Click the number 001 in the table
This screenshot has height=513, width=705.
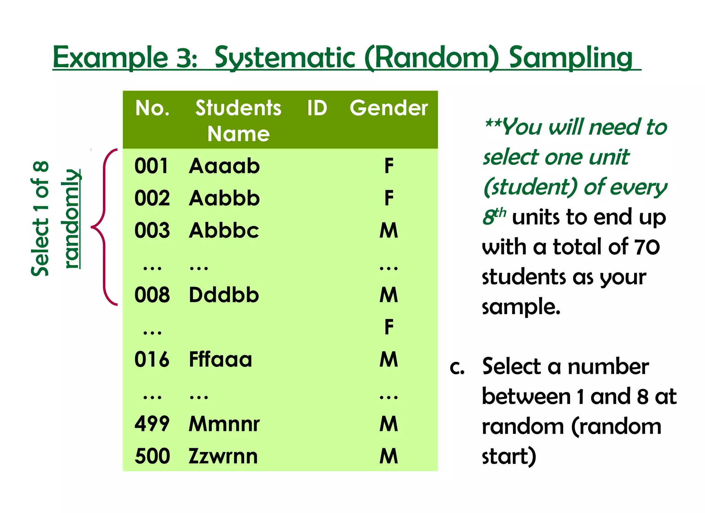point(151,166)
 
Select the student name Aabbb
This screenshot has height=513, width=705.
point(224,198)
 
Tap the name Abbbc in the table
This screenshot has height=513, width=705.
point(224,230)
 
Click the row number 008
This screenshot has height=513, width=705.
point(152,295)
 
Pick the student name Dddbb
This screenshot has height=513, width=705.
point(224,295)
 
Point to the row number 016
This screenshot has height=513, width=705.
point(152,360)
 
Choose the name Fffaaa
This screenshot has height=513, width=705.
point(220,360)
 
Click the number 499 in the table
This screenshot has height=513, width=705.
point(152,424)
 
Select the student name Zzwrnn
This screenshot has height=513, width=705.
point(223,456)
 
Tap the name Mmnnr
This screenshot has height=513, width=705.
point(224,424)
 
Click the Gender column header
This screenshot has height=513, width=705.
point(389,108)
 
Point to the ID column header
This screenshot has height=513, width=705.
point(317,108)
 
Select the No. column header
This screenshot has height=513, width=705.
point(152,108)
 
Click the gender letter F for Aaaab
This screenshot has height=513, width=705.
point(389,166)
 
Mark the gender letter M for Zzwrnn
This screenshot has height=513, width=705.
point(389,456)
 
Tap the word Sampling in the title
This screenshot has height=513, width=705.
point(570,58)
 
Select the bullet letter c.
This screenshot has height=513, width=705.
point(457,368)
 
